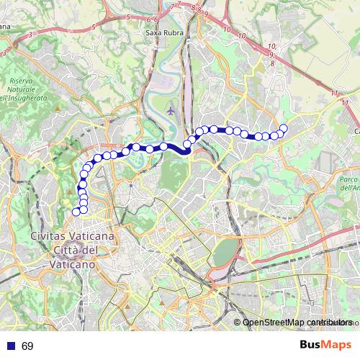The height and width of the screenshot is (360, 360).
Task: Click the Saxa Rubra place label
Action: pyautogui.click(x=164, y=33)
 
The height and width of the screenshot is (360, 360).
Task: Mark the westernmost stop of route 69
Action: pyautogui.click(x=76, y=212)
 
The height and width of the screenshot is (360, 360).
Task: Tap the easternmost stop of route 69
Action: pyautogui.click(x=284, y=128)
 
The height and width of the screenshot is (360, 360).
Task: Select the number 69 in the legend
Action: pyautogui.click(x=27, y=346)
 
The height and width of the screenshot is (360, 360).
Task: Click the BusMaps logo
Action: pyautogui.click(x=325, y=346)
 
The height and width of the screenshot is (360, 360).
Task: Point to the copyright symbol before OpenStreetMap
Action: pyautogui.click(x=238, y=323)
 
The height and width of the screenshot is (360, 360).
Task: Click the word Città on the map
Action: pyautogui.click(x=70, y=250)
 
